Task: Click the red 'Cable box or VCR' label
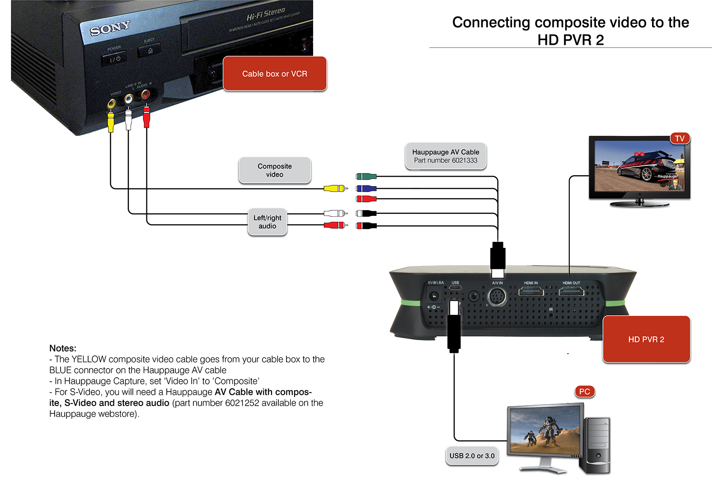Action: point(274,74)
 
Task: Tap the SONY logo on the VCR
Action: point(110,28)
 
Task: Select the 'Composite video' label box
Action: point(274,170)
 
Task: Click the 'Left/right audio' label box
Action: point(267,222)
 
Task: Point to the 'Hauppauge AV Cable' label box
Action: point(446,156)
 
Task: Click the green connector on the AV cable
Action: point(366,177)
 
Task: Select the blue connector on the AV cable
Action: point(366,189)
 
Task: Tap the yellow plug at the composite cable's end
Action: point(335,188)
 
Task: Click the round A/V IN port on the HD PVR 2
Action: point(497,297)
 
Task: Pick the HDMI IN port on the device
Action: point(531,292)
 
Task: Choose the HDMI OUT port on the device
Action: point(571,292)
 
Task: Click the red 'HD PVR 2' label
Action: point(646,339)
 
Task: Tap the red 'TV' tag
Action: point(680,138)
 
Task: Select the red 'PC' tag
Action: point(584,392)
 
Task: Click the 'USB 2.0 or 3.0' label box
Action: point(472,456)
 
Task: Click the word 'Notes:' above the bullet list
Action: point(63,348)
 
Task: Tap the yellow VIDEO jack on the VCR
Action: point(111,104)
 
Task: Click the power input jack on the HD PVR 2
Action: point(434,296)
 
